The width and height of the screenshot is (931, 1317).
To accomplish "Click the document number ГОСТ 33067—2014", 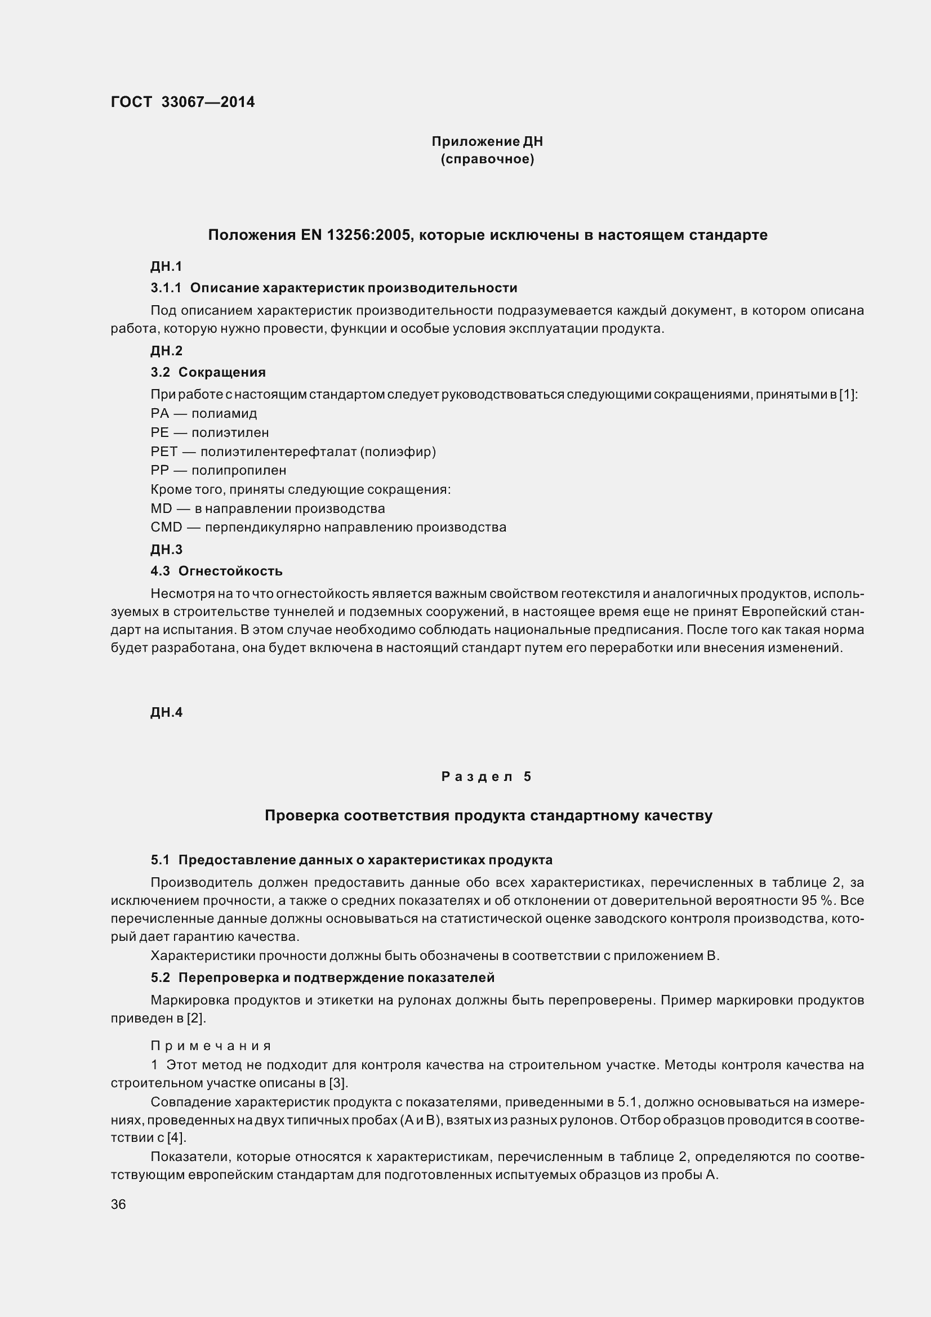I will (182, 102).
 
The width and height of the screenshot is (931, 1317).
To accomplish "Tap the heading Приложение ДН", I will (487, 141).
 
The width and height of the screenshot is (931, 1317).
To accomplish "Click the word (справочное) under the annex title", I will (487, 159).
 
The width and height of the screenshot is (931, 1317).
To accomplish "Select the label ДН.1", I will (166, 266).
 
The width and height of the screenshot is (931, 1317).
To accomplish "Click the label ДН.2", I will (166, 350).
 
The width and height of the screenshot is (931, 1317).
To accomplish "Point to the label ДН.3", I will (166, 550).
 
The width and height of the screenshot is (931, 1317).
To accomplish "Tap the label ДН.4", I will (166, 712).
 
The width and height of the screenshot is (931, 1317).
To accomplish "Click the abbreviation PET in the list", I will (163, 452).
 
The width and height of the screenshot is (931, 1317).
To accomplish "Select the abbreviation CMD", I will (166, 527).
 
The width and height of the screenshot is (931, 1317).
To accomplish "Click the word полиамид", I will (224, 414).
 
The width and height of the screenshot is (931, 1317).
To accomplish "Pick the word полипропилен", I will (239, 470).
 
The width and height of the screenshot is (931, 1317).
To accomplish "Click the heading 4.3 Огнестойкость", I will (216, 571).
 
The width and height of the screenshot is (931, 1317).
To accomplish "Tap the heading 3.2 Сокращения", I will (208, 372).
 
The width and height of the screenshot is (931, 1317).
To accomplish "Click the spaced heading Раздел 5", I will (487, 776).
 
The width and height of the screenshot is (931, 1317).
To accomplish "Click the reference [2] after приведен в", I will (195, 1018).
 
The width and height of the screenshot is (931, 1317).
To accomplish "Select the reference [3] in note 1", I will (338, 1083).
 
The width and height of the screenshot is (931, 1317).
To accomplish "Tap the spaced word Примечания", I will (211, 1045).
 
